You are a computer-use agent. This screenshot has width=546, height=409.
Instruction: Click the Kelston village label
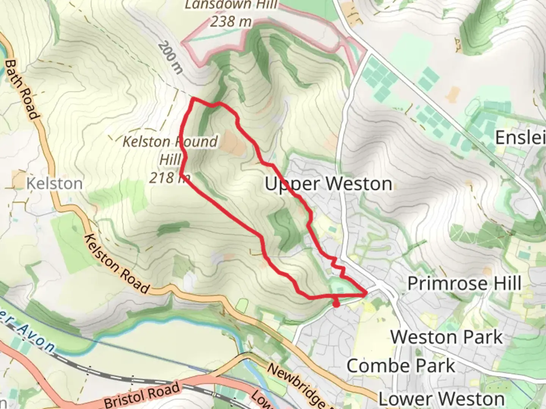click(54, 184)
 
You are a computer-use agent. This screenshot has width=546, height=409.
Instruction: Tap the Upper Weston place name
click(328, 184)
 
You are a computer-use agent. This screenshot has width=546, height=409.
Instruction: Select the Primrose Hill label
click(464, 283)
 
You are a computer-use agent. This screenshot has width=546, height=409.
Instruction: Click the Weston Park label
click(447, 337)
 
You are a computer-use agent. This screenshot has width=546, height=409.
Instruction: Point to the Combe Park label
click(401, 366)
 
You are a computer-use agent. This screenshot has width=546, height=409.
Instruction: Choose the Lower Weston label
click(441, 398)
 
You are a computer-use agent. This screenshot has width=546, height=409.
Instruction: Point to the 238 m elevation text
click(231, 22)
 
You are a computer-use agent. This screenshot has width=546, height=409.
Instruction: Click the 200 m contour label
click(170, 57)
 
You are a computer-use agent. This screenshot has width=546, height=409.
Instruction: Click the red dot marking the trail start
click(336, 304)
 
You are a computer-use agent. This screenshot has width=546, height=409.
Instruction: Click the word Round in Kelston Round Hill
click(195, 142)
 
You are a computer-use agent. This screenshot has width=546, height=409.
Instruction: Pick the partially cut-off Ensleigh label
click(520, 137)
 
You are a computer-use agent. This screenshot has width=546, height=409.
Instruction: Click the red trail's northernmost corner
click(193, 98)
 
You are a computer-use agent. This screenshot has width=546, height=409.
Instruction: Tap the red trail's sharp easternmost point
click(366, 293)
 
